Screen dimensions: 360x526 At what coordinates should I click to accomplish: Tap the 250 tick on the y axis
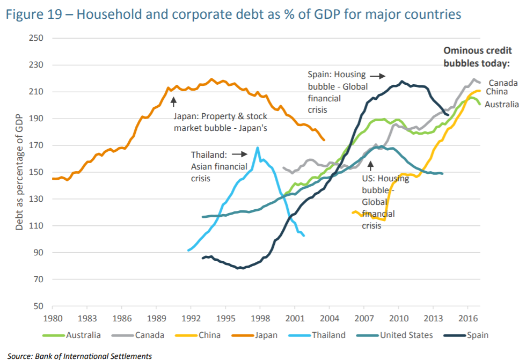[36, 39]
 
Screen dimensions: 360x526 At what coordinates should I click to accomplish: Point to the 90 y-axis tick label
[39, 253]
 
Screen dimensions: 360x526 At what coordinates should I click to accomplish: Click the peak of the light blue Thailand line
[258, 147]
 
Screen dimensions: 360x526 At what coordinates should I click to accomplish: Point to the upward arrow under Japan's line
[173, 100]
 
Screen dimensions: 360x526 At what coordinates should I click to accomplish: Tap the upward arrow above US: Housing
[370, 164]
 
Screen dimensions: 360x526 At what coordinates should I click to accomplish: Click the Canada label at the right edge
[503, 83]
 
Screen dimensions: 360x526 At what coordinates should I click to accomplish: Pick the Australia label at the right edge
[501, 105]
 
